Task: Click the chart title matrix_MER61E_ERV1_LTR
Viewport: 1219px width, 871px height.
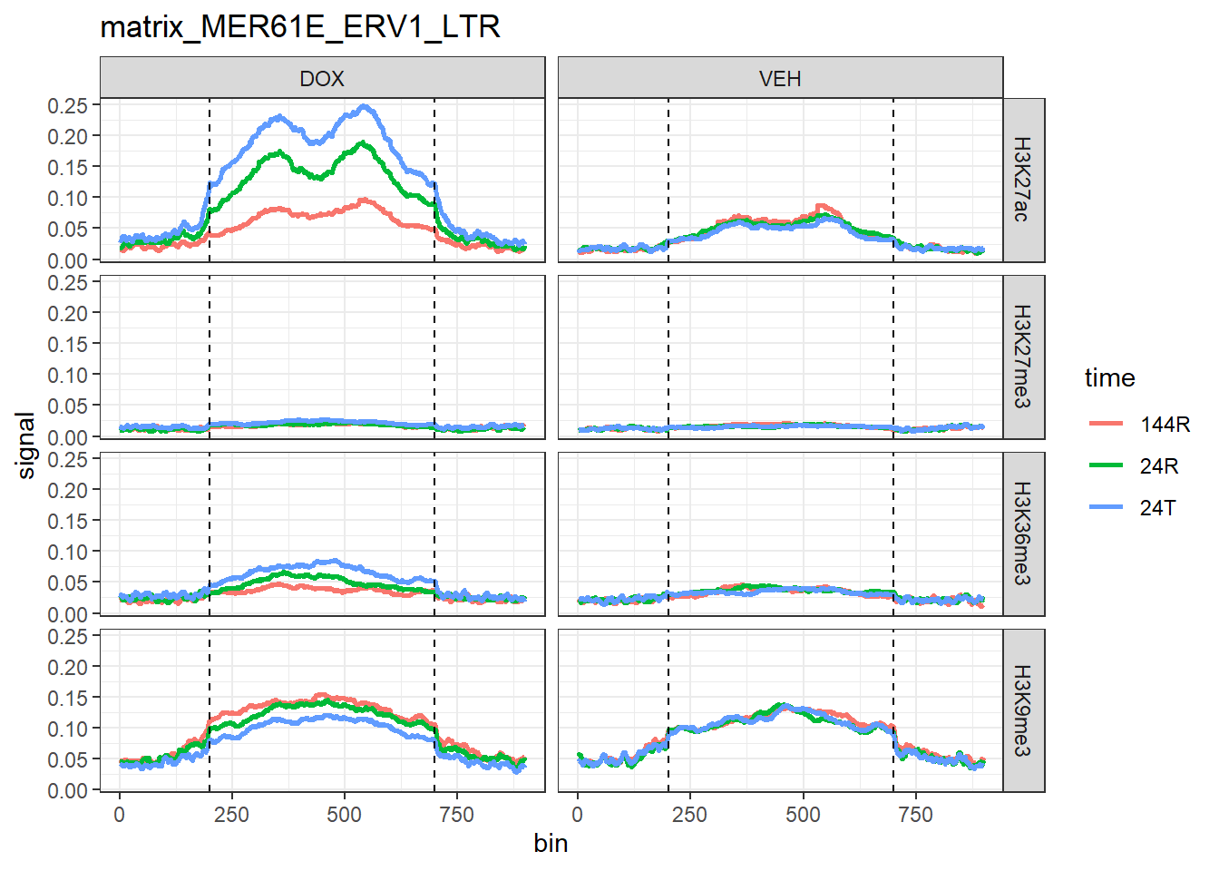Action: pyautogui.click(x=299, y=27)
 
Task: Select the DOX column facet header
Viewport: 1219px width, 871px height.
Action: pyautogui.click(x=322, y=78)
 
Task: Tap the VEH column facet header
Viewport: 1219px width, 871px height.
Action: pyautogui.click(x=780, y=78)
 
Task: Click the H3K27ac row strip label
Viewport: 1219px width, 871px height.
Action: pyautogui.click(x=1023, y=180)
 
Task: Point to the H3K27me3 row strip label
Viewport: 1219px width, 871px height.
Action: pyautogui.click(x=1023, y=357)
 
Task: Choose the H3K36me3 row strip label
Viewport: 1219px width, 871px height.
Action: pyautogui.click(x=1023, y=533)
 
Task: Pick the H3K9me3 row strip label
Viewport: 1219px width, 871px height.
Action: pyautogui.click(x=1023, y=710)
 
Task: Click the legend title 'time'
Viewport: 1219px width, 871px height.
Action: pyautogui.click(x=1109, y=378)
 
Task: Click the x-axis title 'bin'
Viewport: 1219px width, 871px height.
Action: pyautogui.click(x=551, y=844)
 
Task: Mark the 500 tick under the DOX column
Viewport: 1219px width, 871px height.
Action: pyautogui.click(x=344, y=815)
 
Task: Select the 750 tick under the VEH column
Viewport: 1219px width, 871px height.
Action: pyautogui.click(x=915, y=815)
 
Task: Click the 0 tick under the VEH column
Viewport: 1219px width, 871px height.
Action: pyautogui.click(x=578, y=815)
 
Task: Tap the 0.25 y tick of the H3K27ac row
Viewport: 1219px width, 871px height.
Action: pyautogui.click(x=68, y=105)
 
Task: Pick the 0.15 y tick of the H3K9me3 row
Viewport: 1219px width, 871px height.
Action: pyautogui.click(x=68, y=698)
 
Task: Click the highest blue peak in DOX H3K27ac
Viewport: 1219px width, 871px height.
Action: pyautogui.click(x=366, y=107)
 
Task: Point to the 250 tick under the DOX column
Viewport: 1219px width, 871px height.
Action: pyautogui.click(x=231, y=815)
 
